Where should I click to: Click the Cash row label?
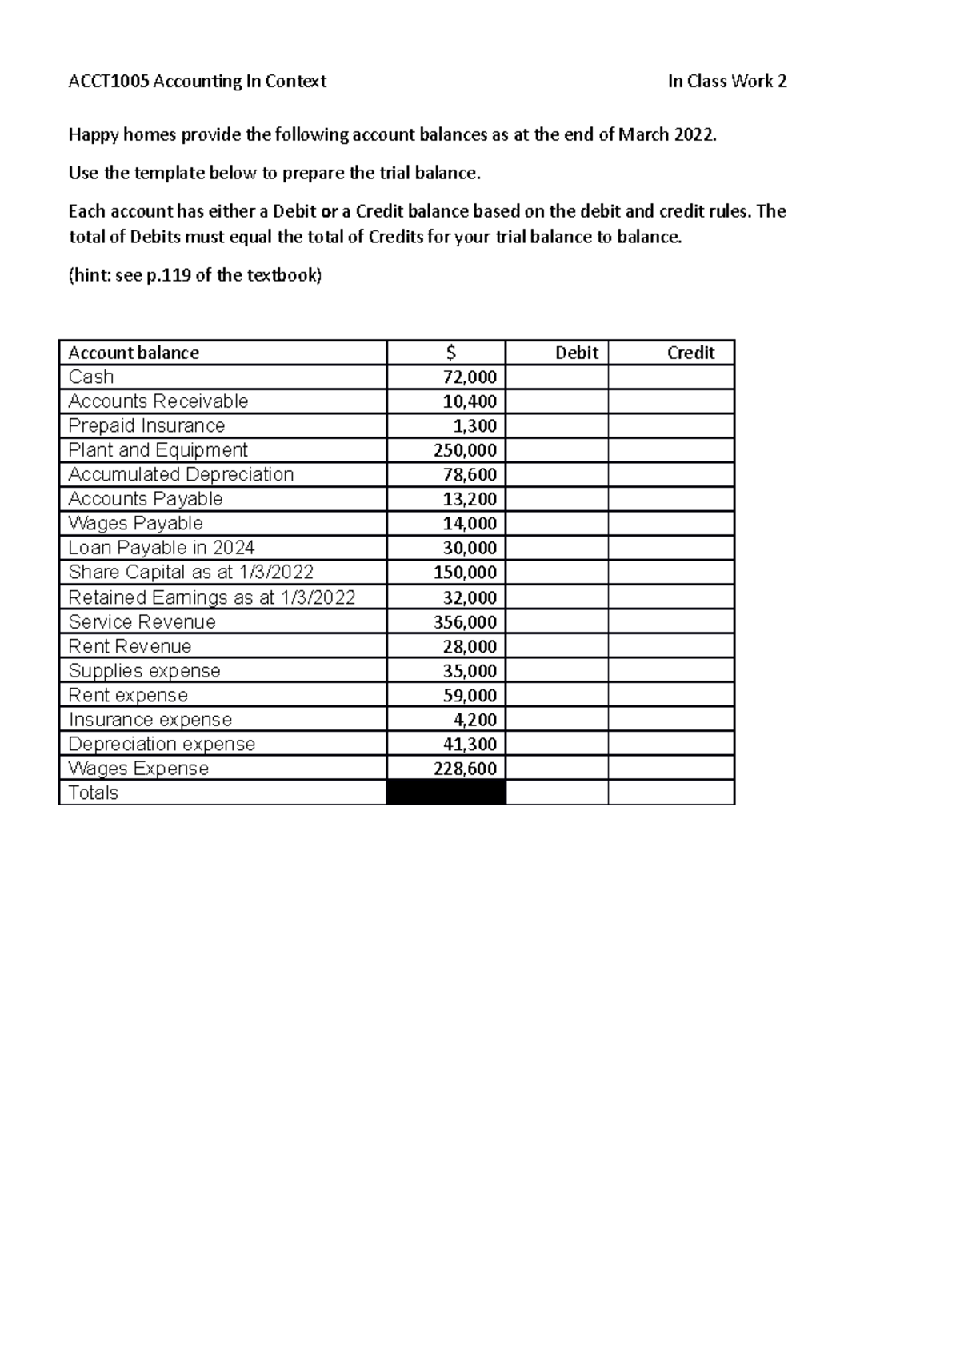(x=91, y=377)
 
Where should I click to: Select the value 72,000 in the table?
(x=470, y=377)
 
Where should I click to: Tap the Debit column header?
(x=577, y=353)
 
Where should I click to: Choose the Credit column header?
(x=690, y=353)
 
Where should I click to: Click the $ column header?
(x=451, y=353)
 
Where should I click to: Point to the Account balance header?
(x=134, y=353)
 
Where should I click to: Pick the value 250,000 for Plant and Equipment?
(x=465, y=450)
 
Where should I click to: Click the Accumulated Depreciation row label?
(x=181, y=474)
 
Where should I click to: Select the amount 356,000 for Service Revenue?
(x=465, y=622)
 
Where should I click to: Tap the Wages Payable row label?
(x=135, y=523)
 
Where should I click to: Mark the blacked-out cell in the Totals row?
(x=446, y=793)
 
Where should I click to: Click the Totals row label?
(x=93, y=793)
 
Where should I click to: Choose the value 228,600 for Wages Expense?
(x=465, y=769)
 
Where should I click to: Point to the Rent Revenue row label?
(x=130, y=646)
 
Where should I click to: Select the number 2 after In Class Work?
(x=782, y=81)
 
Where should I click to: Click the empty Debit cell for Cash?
(x=557, y=377)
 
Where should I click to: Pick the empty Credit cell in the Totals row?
(x=671, y=793)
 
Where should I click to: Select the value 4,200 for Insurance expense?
(x=475, y=720)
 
